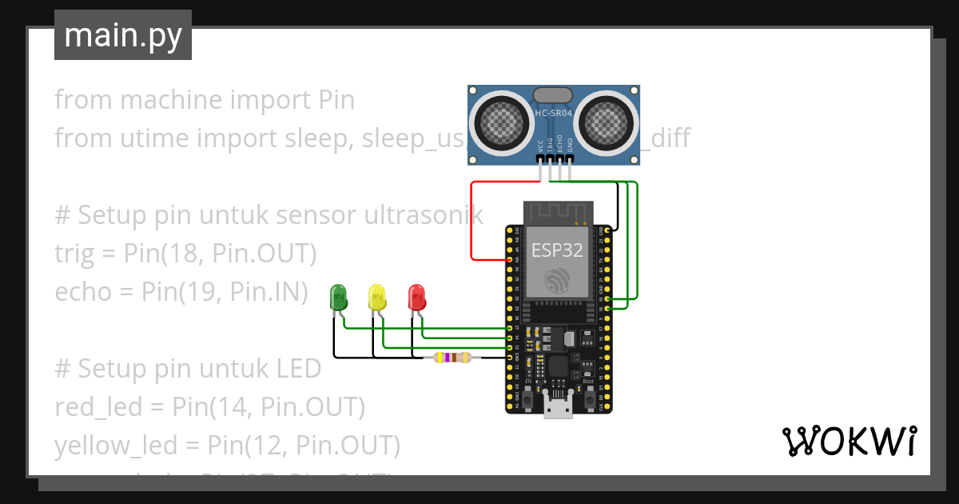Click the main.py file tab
point(122,35)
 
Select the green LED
point(339,298)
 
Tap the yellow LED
point(376,298)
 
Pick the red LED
point(416,298)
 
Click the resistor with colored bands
point(452,358)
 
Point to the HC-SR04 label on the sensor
point(553,114)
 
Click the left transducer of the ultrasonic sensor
point(503,121)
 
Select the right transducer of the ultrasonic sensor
point(605,121)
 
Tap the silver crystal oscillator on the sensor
point(553,94)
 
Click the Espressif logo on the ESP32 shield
point(558,279)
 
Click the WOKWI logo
point(848,440)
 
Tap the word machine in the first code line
point(169,100)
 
